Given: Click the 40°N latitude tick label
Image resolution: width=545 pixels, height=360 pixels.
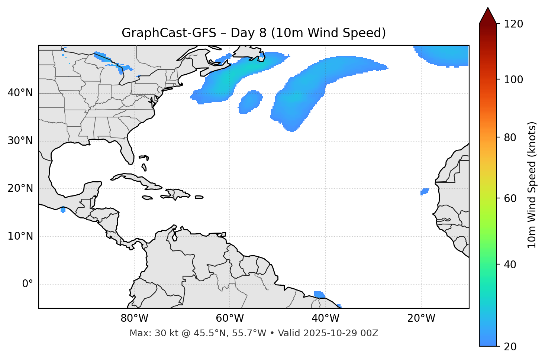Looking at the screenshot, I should [20, 93].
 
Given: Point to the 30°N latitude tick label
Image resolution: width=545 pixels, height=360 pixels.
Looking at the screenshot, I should [20, 141].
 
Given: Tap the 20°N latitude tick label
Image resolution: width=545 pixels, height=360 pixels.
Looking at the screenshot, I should [20, 188].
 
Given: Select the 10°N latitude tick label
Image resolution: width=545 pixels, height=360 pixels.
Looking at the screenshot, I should [20, 236].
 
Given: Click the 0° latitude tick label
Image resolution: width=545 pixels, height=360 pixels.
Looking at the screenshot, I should [28, 284].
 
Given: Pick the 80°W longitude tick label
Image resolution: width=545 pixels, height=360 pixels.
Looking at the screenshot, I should [134, 318].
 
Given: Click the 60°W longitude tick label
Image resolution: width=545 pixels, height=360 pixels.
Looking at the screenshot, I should [230, 318].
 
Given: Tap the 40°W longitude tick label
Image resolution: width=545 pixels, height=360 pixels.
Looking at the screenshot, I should [326, 318].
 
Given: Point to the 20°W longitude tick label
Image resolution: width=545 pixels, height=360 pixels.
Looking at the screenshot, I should [421, 318].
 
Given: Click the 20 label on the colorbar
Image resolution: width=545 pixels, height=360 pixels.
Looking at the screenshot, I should [510, 347].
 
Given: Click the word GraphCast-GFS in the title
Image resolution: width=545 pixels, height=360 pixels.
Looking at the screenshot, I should [169, 33].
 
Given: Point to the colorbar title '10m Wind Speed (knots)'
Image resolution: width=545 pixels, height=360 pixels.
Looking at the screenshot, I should [532, 185].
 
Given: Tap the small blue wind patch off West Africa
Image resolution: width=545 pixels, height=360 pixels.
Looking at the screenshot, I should [424, 192].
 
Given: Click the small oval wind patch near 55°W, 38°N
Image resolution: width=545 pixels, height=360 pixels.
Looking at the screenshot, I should [250, 101].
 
